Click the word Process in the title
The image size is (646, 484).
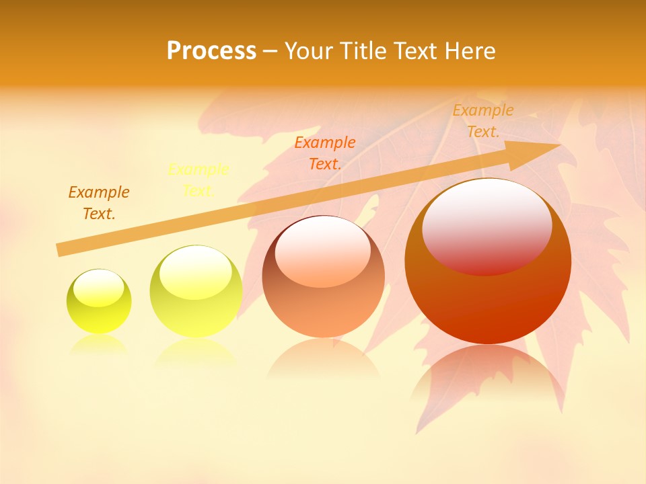pyautogui.click(x=211, y=51)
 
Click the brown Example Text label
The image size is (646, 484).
pyautogui.click(x=99, y=203)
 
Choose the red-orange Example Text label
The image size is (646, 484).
pyautogui.click(x=325, y=153)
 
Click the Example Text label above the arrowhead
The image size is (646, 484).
pyautogui.click(x=483, y=121)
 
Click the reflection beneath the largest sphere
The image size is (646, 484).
pyautogui.click(x=488, y=376)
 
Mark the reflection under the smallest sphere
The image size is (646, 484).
pyautogui.click(x=99, y=344)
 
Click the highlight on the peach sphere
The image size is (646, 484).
pyautogui.click(x=322, y=251)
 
